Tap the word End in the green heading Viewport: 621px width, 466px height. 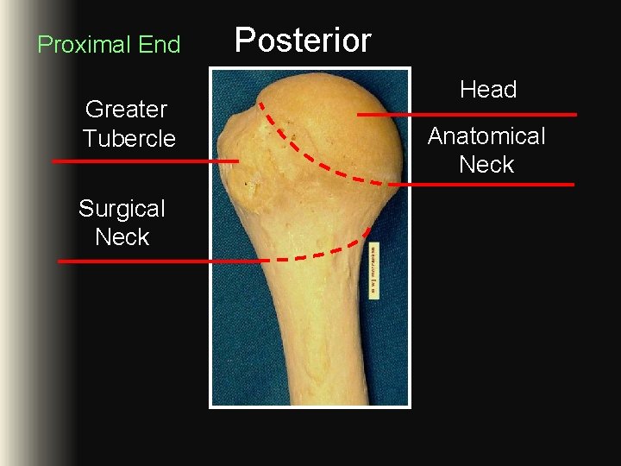click(160, 45)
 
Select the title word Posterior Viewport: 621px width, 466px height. click(303, 41)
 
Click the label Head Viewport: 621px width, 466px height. click(487, 90)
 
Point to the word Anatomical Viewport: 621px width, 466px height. click(486, 136)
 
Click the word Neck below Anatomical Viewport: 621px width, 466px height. click(486, 165)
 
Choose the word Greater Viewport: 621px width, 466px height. click(126, 110)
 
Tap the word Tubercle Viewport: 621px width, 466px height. click(129, 139)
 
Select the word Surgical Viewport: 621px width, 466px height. click(122, 209)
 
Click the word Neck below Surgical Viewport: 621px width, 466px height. click(122, 237)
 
